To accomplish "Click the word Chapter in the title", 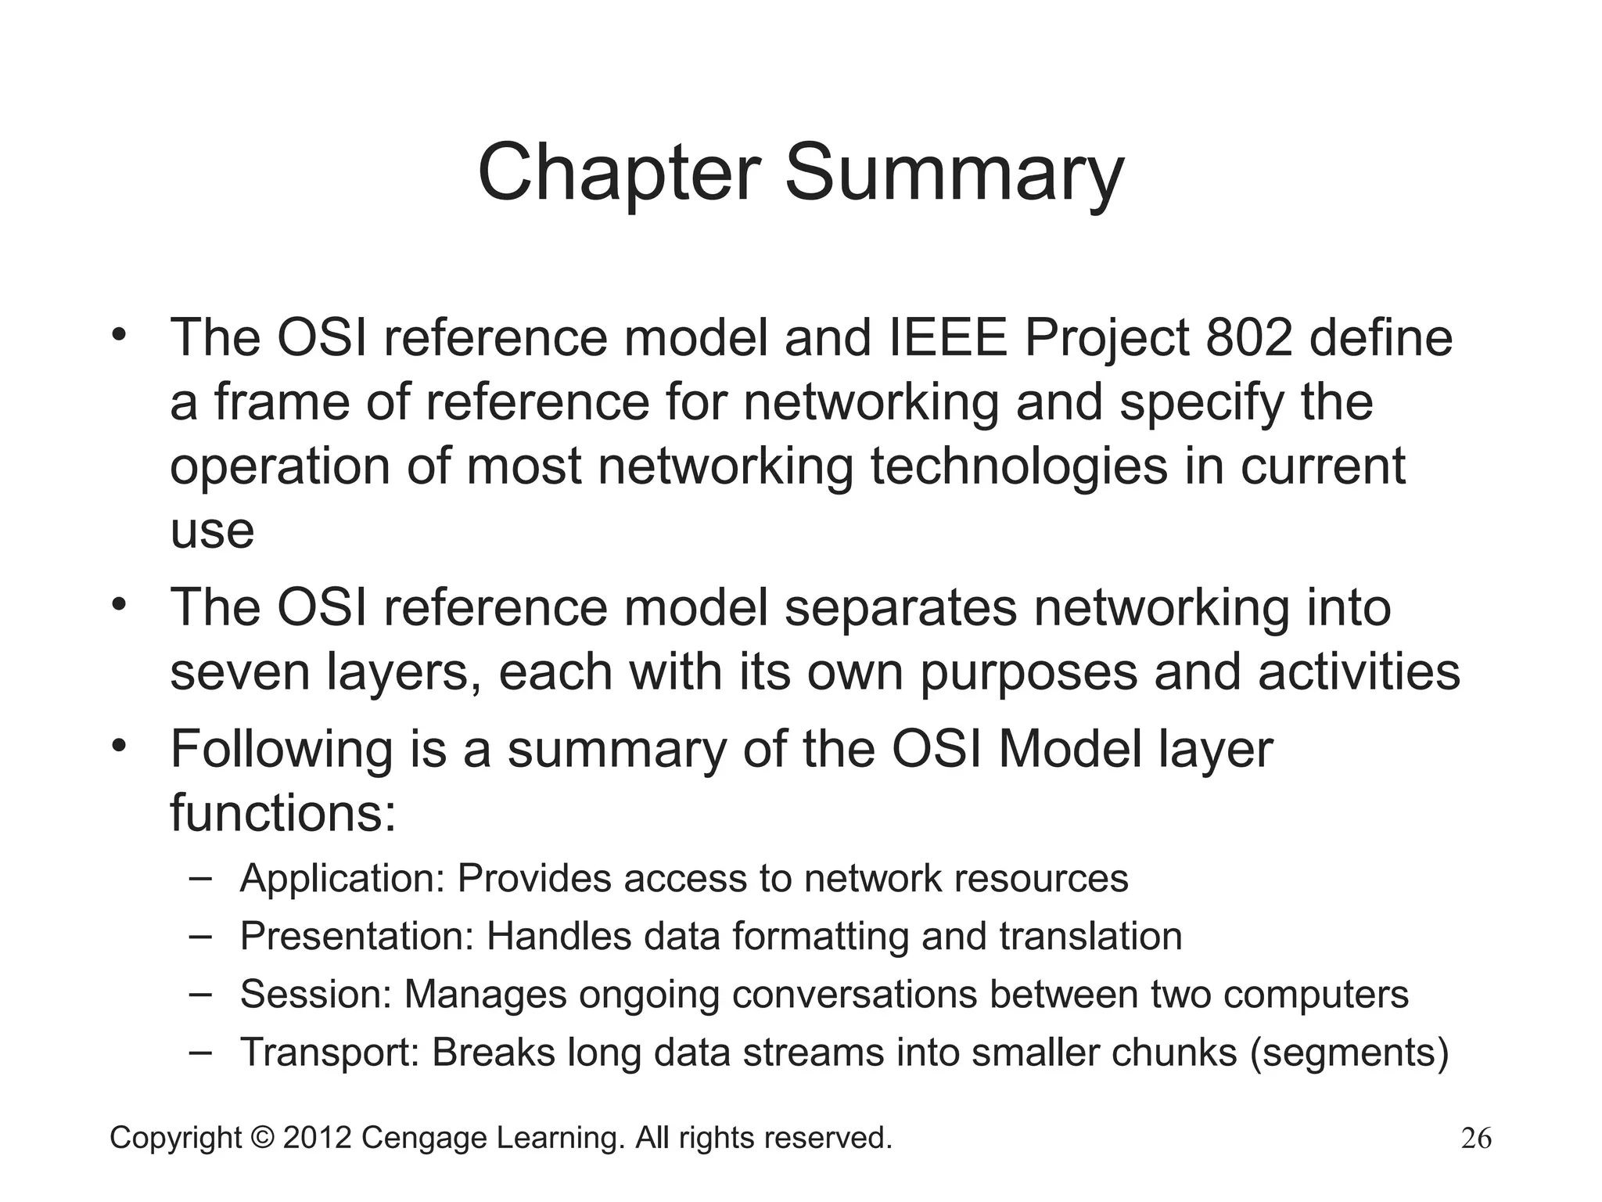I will tap(618, 174).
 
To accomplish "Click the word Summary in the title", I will tap(954, 174).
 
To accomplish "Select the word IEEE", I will tap(948, 338).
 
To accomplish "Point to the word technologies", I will tap(1018, 466).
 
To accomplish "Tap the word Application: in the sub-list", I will tap(342, 879).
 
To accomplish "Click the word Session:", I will tap(315, 995).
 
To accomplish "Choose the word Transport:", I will tap(330, 1053).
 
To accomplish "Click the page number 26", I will tap(1476, 1139).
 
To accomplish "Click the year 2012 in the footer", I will tap(317, 1138).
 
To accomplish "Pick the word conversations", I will tap(854, 995).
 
